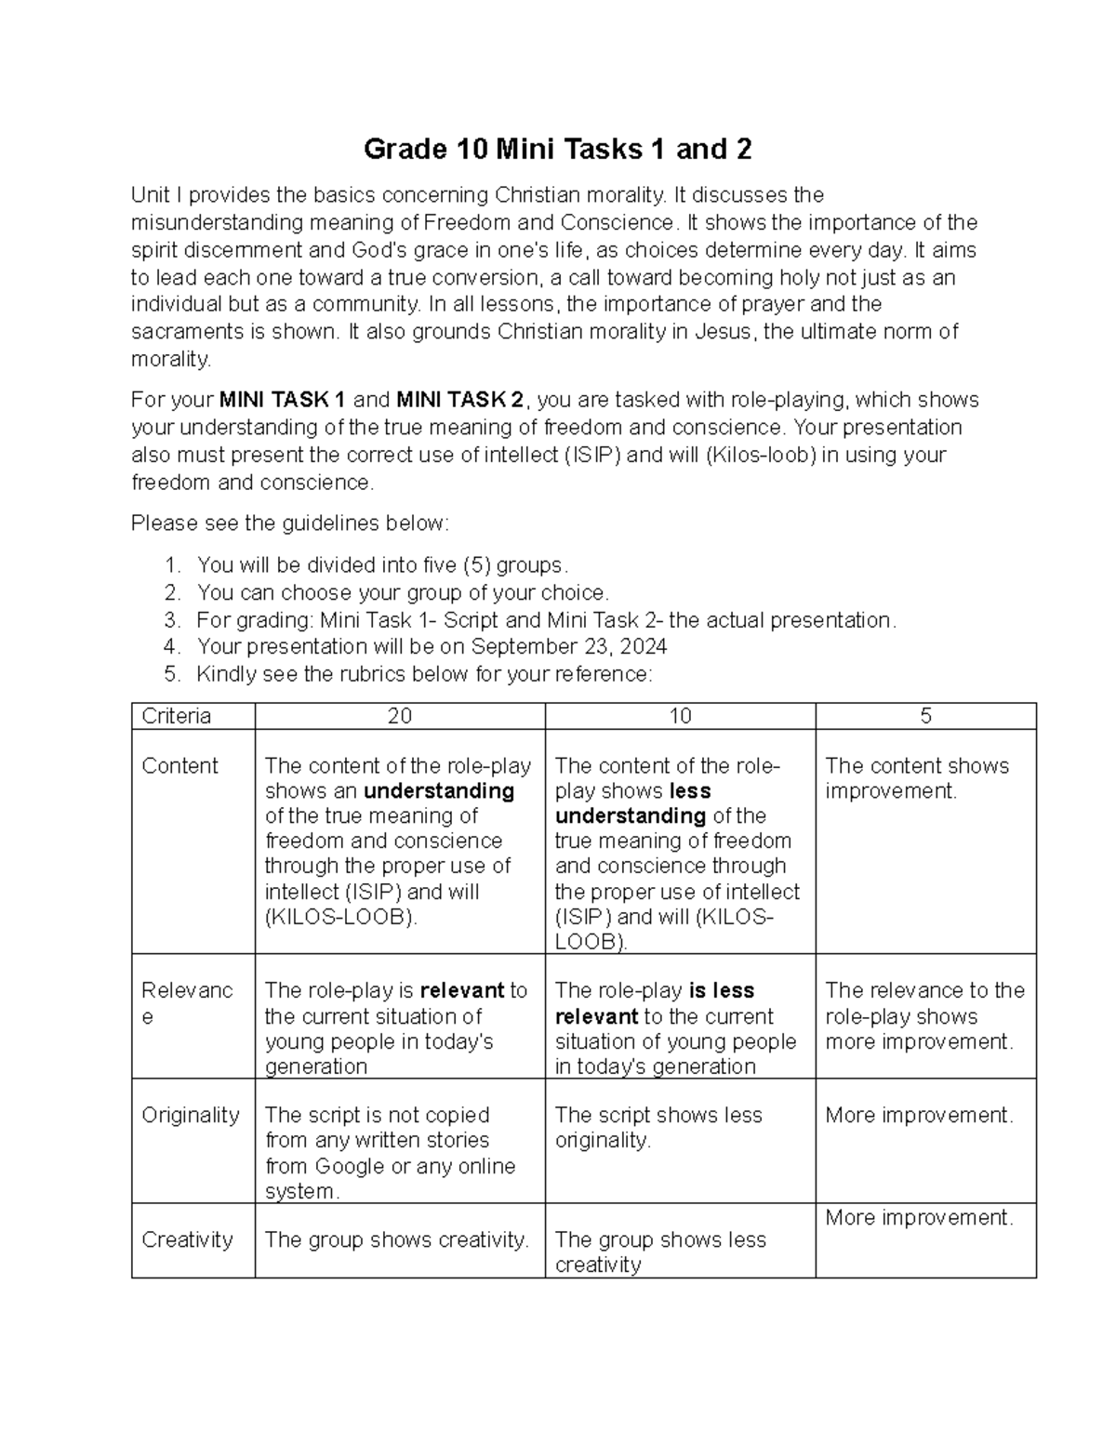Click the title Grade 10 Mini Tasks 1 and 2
click(x=557, y=149)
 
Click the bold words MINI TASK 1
click(x=283, y=401)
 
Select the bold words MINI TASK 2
click(x=460, y=401)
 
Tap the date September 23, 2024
click(x=569, y=647)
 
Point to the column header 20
click(x=400, y=716)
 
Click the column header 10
click(x=680, y=716)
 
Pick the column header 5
click(x=925, y=716)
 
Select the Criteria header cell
click(x=177, y=716)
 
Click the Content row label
click(x=179, y=766)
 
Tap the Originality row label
click(x=190, y=1115)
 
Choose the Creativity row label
click(x=187, y=1239)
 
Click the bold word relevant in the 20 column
click(x=461, y=991)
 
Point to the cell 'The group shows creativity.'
click(x=396, y=1239)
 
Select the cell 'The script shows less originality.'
click(x=658, y=1127)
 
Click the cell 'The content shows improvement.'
click(x=916, y=778)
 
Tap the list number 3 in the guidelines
click(x=170, y=620)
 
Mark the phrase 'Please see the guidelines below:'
click(x=289, y=523)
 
